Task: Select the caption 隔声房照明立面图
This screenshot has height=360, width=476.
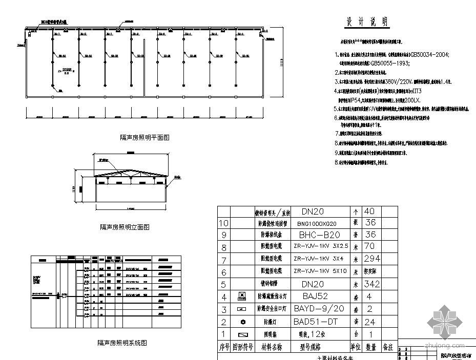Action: click(x=125, y=227)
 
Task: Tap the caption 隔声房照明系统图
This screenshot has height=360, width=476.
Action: click(x=122, y=343)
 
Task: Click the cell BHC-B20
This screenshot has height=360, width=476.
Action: click(x=319, y=235)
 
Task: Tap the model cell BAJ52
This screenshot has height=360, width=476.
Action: click(x=315, y=297)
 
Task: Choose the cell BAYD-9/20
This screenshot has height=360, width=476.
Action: click(x=319, y=309)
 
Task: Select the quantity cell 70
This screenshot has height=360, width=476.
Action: click(x=369, y=247)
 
